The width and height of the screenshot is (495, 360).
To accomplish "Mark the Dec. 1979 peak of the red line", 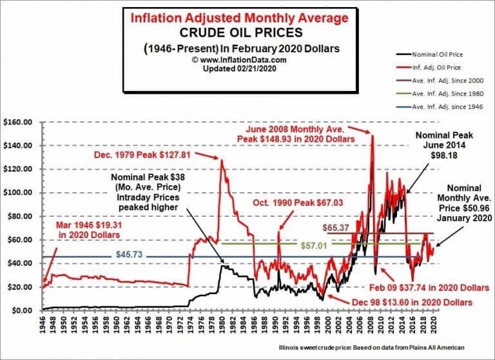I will click(x=222, y=160).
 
